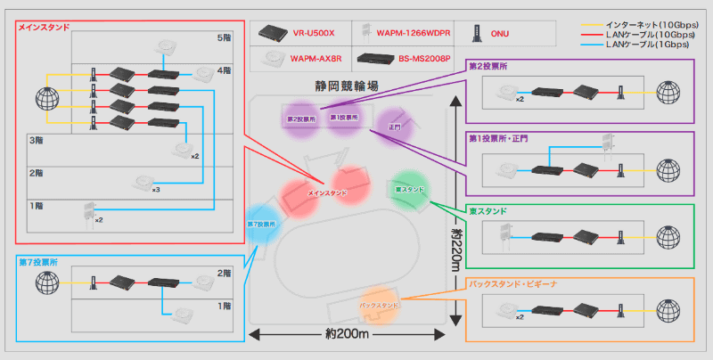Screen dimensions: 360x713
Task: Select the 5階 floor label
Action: point(224,39)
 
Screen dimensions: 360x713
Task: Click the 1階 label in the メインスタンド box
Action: point(37,206)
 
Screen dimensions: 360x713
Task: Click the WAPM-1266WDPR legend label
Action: point(413,34)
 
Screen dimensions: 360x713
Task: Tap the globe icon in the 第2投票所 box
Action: point(668,92)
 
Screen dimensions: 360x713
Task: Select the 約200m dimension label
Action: point(345,335)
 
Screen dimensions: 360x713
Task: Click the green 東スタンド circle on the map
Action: point(410,189)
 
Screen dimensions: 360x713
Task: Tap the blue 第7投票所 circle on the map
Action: point(264,223)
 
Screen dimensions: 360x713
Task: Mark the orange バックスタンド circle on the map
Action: point(380,305)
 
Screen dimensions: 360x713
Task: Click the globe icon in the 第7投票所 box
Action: point(47,283)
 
